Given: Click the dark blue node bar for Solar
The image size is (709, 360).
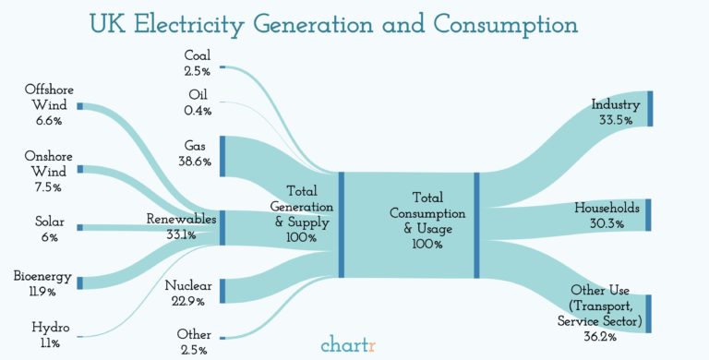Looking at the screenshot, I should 80,227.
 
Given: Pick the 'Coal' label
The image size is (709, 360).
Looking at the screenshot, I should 197,55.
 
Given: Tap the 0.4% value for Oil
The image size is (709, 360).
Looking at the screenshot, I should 197,111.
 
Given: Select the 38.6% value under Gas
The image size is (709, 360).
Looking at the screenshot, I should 195,162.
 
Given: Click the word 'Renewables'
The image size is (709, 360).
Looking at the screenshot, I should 181,219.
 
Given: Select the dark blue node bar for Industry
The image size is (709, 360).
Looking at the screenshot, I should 650,108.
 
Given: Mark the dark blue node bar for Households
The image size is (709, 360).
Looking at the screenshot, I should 649,214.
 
